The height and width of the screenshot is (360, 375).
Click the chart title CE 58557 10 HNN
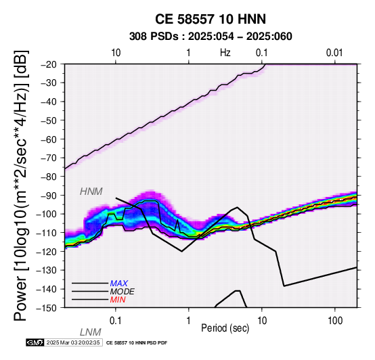pos(211,19)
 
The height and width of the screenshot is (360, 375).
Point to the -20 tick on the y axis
pos(49,64)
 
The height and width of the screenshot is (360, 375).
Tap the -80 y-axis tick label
pos(49,177)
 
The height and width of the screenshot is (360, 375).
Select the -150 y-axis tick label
pos(47,308)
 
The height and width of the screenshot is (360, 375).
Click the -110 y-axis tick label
pos(47,233)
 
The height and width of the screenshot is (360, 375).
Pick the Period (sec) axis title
pos(225,328)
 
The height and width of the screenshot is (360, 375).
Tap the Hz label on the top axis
pos(225,53)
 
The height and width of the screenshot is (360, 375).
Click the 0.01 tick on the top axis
pos(334,53)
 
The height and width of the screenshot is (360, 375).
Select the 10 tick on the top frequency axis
pos(116,53)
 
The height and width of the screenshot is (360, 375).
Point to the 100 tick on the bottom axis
pos(335,321)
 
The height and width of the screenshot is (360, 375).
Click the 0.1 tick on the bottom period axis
pos(116,321)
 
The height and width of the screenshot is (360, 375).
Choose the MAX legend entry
pos(119,284)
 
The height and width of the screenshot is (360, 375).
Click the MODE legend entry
pos(123,292)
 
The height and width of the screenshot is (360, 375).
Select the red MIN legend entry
pos(118,300)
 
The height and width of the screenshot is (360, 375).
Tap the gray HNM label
pos(91,192)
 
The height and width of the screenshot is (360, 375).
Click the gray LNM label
pos(91,332)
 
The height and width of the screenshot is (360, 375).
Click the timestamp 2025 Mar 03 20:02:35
pos(73,342)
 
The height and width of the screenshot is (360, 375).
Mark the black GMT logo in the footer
pos(35,342)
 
